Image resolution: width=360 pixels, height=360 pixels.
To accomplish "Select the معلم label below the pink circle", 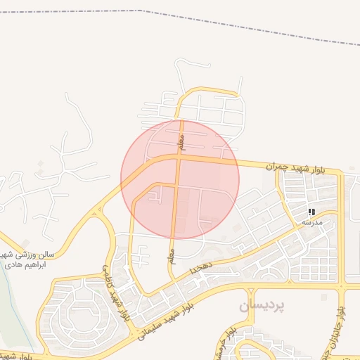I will pyautogui.click(x=171, y=257).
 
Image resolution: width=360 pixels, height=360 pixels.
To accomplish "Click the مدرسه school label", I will pyautogui.click(x=311, y=222).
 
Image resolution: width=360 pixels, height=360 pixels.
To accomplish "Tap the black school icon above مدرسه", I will pyautogui.click(x=311, y=212).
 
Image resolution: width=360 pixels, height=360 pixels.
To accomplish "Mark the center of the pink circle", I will pyautogui.click(x=180, y=179).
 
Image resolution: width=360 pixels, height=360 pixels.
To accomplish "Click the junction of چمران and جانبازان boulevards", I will pyautogui.click(x=342, y=172).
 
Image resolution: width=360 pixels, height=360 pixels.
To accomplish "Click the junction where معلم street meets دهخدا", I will pyautogui.click(x=172, y=279).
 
